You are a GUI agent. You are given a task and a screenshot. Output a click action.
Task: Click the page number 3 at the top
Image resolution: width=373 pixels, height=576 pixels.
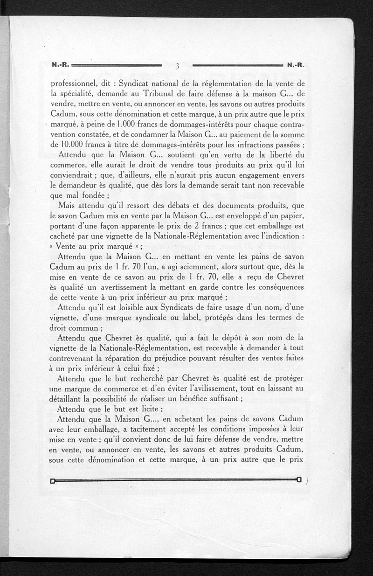pyautogui.click(x=178, y=66)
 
